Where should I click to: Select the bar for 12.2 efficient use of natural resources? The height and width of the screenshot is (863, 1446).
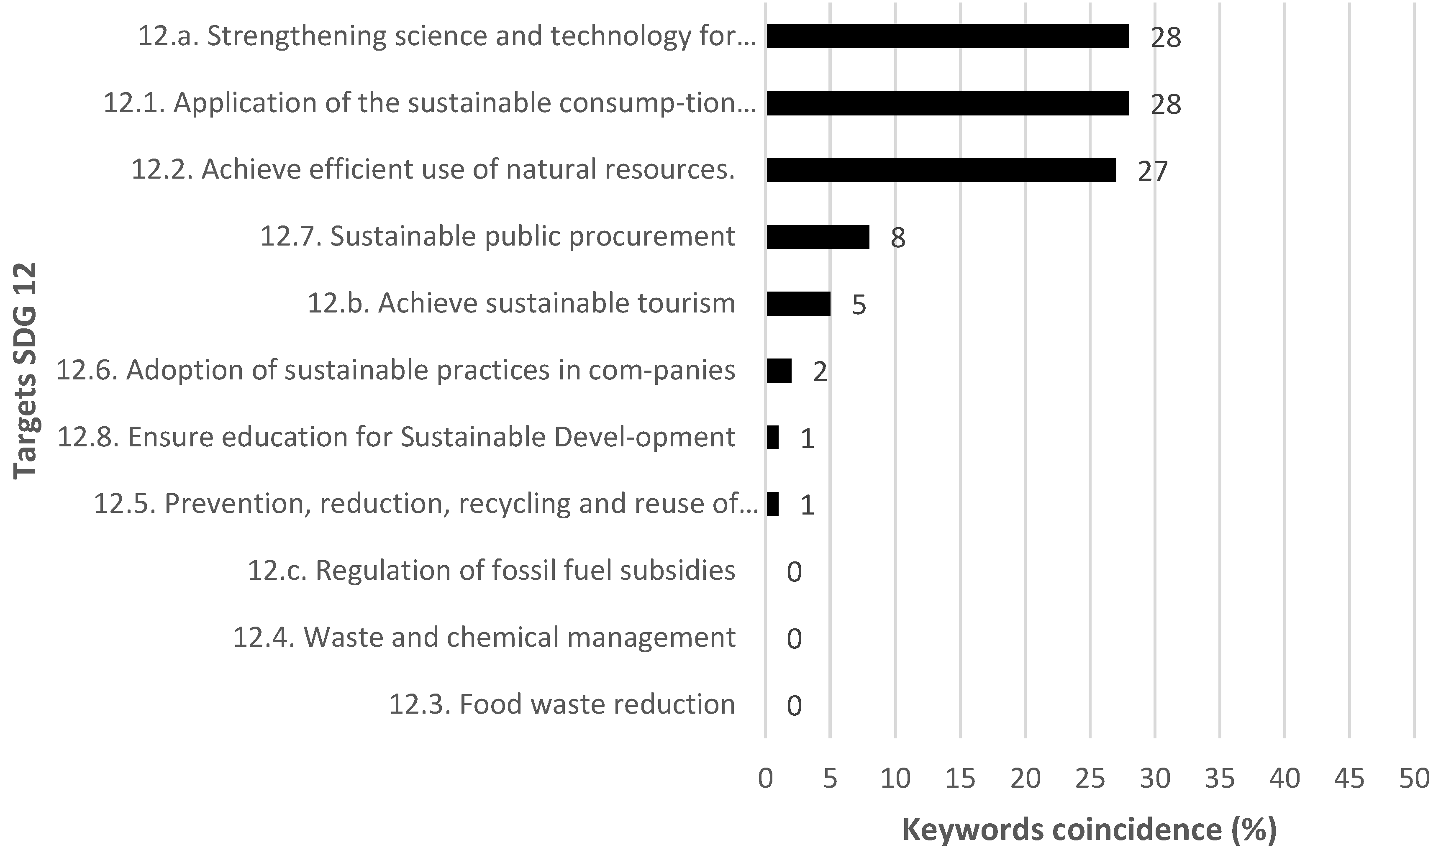click(x=941, y=170)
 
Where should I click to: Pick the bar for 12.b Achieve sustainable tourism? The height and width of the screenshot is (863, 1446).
click(x=798, y=304)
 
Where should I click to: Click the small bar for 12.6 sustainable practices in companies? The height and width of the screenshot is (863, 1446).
click(x=779, y=371)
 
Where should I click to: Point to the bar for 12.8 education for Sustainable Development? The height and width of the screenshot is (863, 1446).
click(x=772, y=437)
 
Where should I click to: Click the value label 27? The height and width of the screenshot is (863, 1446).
click(x=1152, y=172)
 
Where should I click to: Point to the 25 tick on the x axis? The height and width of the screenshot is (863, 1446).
click(x=1090, y=778)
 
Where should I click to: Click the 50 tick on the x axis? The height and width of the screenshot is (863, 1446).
click(x=1414, y=778)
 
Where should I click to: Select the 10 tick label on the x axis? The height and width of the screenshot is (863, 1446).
click(x=895, y=778)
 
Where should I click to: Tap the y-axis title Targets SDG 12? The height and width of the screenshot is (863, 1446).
click(x=25, y=371)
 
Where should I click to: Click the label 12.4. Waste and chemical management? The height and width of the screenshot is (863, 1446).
click(x=484, y=638)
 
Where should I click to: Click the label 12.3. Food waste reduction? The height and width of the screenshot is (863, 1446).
click(x=561, y=704)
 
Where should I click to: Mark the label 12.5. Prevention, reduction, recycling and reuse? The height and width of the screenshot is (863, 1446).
click(x=426, y=504)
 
